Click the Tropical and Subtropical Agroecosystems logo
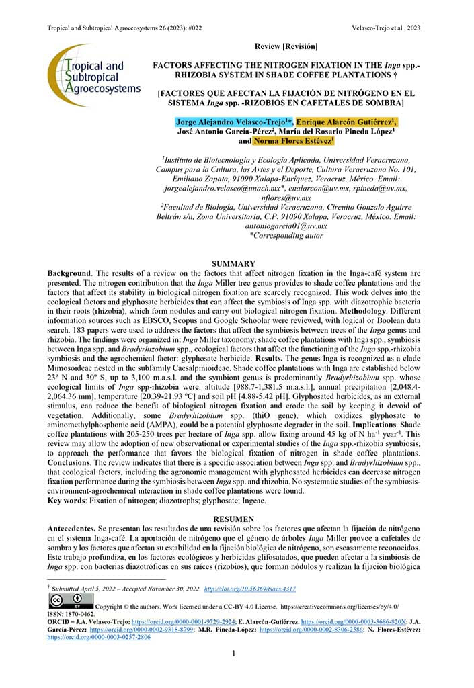(93, 75)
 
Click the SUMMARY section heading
(233, 264)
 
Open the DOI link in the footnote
(249, 588)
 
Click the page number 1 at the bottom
(233, 654)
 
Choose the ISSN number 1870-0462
(83, 613)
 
